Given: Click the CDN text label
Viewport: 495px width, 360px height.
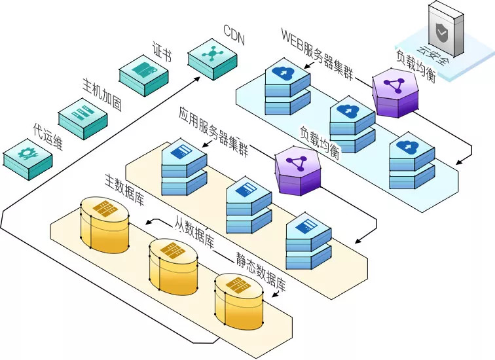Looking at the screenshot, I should tap(233, 35).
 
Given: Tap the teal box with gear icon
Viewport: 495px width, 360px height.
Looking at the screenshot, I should tap(27, 157).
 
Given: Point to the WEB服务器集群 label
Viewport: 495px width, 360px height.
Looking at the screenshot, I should tap(317, 53).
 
